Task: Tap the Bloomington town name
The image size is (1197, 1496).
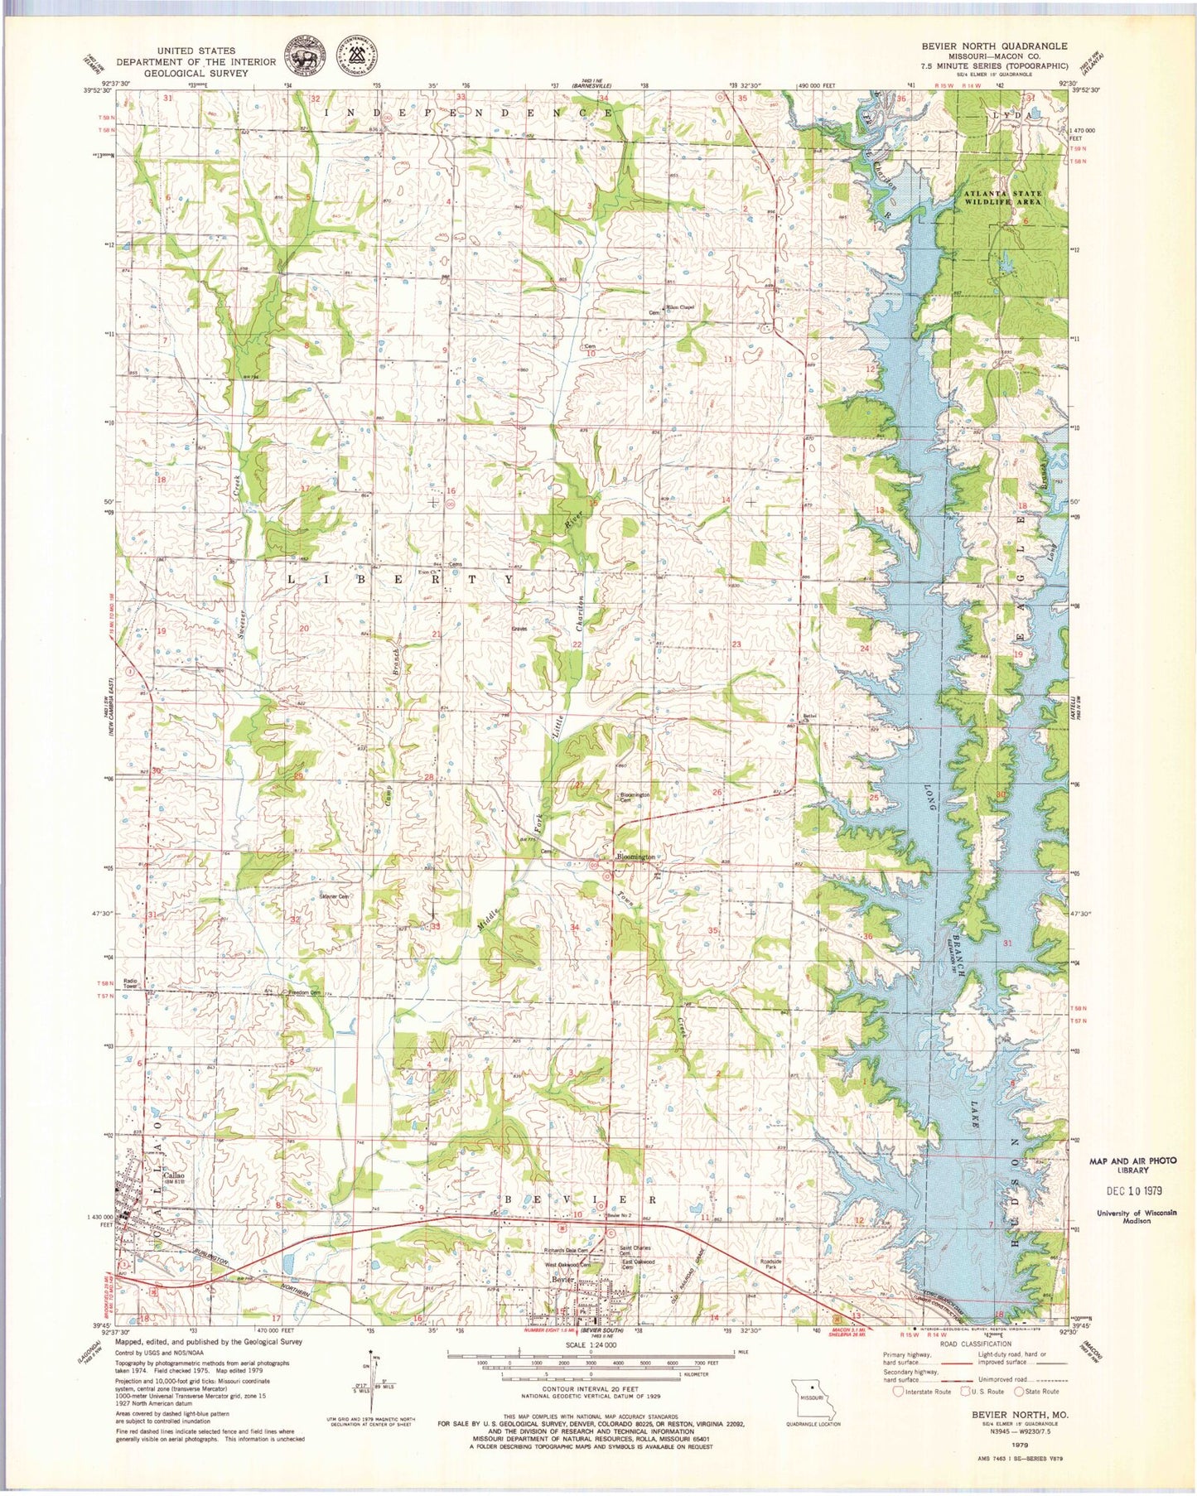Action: [635, 857]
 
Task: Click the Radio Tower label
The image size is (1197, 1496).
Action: [130, 984]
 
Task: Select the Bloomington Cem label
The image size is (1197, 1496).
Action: [635, 797]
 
